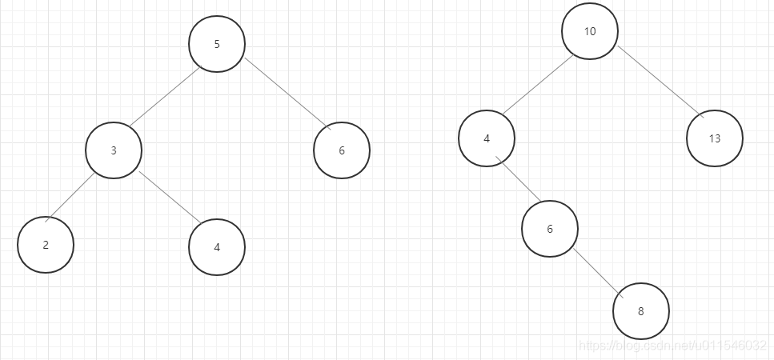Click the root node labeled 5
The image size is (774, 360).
point(217,44)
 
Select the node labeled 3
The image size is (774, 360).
point(114,150)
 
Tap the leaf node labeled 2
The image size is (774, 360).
point(46,245)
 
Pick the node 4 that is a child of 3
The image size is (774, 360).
point(217,247)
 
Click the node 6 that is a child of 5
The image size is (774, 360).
point(342,150)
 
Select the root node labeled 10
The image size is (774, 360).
point(590,32)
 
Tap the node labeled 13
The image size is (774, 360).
point(714,138)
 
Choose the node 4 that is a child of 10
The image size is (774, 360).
point(487,138)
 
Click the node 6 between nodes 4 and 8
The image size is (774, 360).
point(549,229)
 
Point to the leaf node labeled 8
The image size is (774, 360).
point(640,311)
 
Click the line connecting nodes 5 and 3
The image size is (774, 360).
point(164,97)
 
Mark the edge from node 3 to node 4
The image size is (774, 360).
point(170,198)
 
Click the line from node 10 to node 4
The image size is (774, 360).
point(538,85)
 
